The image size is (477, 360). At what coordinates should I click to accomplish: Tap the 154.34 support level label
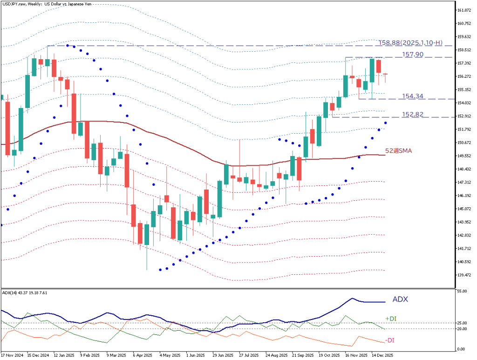coord(412,96)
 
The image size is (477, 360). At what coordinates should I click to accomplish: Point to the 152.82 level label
coord(412,114)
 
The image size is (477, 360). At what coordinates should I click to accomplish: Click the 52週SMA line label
coord(398,150)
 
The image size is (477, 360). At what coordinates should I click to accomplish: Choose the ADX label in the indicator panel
coord(400,299)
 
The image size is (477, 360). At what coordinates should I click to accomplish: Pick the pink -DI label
coord(390,340)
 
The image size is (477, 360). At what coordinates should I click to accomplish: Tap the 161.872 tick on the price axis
coord(465,10)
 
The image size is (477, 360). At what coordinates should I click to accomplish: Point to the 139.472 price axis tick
coord(465,275)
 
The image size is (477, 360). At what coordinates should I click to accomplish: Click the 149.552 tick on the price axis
coord(465,156)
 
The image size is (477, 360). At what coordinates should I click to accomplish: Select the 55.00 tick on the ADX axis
coord(463,291)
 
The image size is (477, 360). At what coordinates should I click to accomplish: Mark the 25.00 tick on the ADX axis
coord(463,323)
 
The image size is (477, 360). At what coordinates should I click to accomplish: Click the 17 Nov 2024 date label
coord(12,355)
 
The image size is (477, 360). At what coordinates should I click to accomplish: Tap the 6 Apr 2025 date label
coord(142,355)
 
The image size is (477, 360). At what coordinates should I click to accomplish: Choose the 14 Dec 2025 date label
coord(382,355)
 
